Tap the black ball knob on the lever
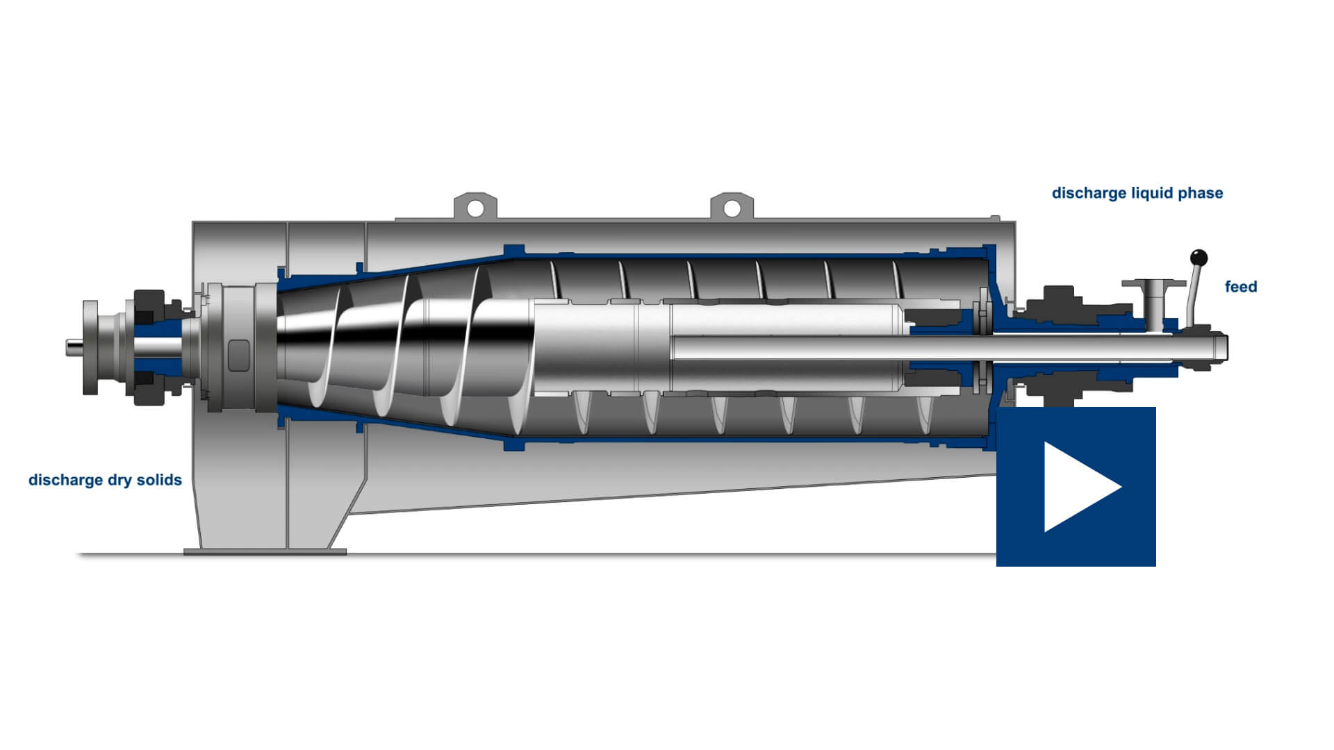[1199, 258]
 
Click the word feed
[1241, 286]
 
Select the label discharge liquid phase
[1137, 193]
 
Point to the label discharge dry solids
[105, 480]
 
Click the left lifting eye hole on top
[475, 208]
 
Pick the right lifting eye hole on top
[732, 208]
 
